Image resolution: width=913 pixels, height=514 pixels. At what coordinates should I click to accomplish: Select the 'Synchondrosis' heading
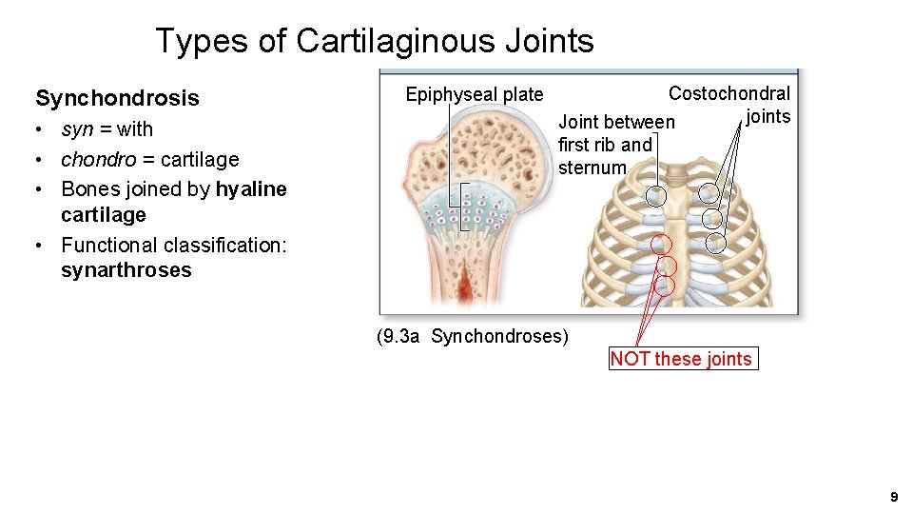click(x=117, y=98)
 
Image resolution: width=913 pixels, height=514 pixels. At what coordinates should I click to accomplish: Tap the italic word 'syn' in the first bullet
click(x=77, y=129)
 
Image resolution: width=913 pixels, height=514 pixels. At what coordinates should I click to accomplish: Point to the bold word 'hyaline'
click(x=251, y=188)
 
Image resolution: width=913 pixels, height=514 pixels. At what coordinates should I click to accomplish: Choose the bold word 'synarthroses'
click(x=126, y=270)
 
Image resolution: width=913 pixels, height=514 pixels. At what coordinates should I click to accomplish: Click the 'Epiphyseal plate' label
click(x=475, y=94)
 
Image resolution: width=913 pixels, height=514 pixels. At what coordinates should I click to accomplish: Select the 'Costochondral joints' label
click(x=730, y=104)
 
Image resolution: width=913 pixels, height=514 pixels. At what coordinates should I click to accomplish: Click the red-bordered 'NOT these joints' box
click(x=682, y=359)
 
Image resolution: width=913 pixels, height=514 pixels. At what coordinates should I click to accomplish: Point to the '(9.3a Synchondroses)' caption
click(x=472, y=336)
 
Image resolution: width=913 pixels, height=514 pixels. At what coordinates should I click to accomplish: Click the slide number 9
click(x=893, y=497)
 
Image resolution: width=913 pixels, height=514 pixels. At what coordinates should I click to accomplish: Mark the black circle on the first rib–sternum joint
click(x=656, y=196)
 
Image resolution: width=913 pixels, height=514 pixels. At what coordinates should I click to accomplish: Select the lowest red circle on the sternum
click(x=666, y=285)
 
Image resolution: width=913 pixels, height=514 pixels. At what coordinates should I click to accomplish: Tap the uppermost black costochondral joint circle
click(x=709, y=193)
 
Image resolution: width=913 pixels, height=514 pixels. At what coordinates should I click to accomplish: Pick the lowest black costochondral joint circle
click(x=716, y=243)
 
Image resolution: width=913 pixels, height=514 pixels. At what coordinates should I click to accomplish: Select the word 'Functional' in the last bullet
click(x=112, y=245)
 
